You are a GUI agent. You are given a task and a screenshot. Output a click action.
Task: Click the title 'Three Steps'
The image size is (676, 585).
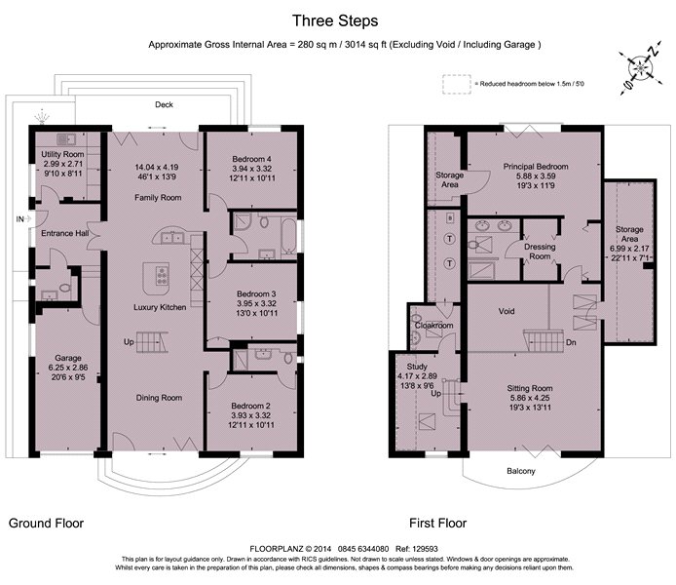click(x=335, y=20)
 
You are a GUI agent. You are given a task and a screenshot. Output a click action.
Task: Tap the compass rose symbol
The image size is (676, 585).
click(x=641, y=68)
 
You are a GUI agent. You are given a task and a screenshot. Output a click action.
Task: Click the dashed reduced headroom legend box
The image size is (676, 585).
click(x=457, y=84)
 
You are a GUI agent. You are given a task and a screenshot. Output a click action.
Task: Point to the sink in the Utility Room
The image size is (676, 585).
click(x=66, y=138)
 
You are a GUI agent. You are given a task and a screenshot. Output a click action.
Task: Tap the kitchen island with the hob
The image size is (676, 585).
click(x=156, y=278)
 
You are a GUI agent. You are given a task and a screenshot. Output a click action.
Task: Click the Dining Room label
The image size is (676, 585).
click(x=159, y=398)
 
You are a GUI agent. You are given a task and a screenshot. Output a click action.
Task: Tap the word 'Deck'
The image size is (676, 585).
click(x=164, y=104)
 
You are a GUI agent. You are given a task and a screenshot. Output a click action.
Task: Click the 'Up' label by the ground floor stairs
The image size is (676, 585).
click(x=129, y=342)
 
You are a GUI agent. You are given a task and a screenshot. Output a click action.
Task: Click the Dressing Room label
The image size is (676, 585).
click(x=540, y=252)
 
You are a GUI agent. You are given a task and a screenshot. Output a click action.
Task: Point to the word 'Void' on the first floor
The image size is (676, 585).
click(x=507, y=311)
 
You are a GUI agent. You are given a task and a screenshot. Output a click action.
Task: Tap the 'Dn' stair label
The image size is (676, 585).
click(x=571, y=342)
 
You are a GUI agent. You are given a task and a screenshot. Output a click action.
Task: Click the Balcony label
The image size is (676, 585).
click(x=521, y=471)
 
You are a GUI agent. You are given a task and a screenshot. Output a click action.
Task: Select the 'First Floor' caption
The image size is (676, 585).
click(x=438, y=524)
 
